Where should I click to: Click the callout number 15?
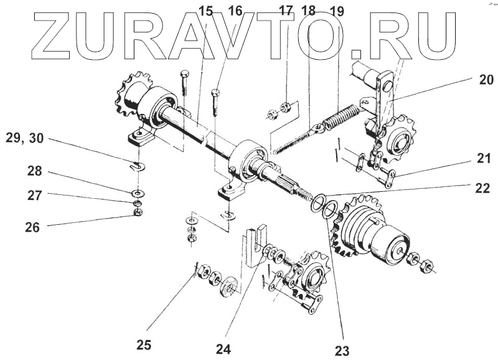206,10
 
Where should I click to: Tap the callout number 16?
235,10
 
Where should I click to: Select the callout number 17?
286,10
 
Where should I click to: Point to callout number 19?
337,10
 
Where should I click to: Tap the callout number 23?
342,349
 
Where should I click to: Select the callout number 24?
223,349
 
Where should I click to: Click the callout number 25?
144,344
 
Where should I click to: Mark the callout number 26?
32,227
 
